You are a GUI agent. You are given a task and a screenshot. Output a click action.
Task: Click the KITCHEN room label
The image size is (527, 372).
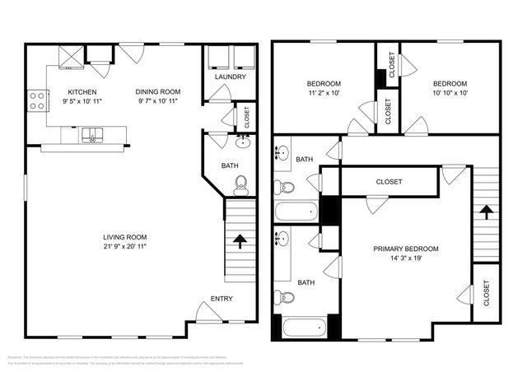pyautogui.click(x=82, y=92)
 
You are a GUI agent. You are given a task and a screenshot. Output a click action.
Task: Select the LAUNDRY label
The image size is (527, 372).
pyautogui.click(x=230, y=77)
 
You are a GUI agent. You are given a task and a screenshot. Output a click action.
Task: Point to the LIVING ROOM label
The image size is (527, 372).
pyautogui.click(x=125, y=237)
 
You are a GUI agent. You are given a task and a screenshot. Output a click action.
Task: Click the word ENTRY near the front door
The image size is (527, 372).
pyautogui.click(x=222, y=299)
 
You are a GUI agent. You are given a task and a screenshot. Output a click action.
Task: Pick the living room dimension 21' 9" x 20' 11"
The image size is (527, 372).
pyautogui.click(x=125, y=246)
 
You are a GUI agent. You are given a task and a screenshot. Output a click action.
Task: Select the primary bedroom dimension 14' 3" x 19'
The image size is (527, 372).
pyautogui.click(x=405, y=258)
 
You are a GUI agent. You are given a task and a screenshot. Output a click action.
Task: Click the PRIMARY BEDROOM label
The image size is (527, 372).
pyautogui.click(x=405, y=249)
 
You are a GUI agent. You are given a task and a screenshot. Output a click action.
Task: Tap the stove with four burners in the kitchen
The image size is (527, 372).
pyautogui.click(x=36, y=100)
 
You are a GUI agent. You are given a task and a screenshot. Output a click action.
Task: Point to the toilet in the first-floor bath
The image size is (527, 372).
pyautogui.click(x=240, y=184)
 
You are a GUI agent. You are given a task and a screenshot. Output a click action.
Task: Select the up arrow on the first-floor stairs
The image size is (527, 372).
pyautogui.click(x=240, y=241)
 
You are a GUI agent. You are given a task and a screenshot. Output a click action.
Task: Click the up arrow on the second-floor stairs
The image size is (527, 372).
pyautogui.click(x=486, y=213)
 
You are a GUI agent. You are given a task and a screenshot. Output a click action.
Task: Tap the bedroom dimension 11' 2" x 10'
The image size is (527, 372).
pyautogui.click(x=324, y=93)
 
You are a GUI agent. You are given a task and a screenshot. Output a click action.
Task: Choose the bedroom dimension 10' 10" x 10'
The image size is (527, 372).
pyautogui.click(x=450, y=93)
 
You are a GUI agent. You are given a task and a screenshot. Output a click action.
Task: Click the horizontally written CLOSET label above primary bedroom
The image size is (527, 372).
pyautogui.click(x=389, y=182)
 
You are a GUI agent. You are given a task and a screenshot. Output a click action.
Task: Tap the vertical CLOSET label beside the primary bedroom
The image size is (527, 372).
pyautogui.click(x=486, y=292)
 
